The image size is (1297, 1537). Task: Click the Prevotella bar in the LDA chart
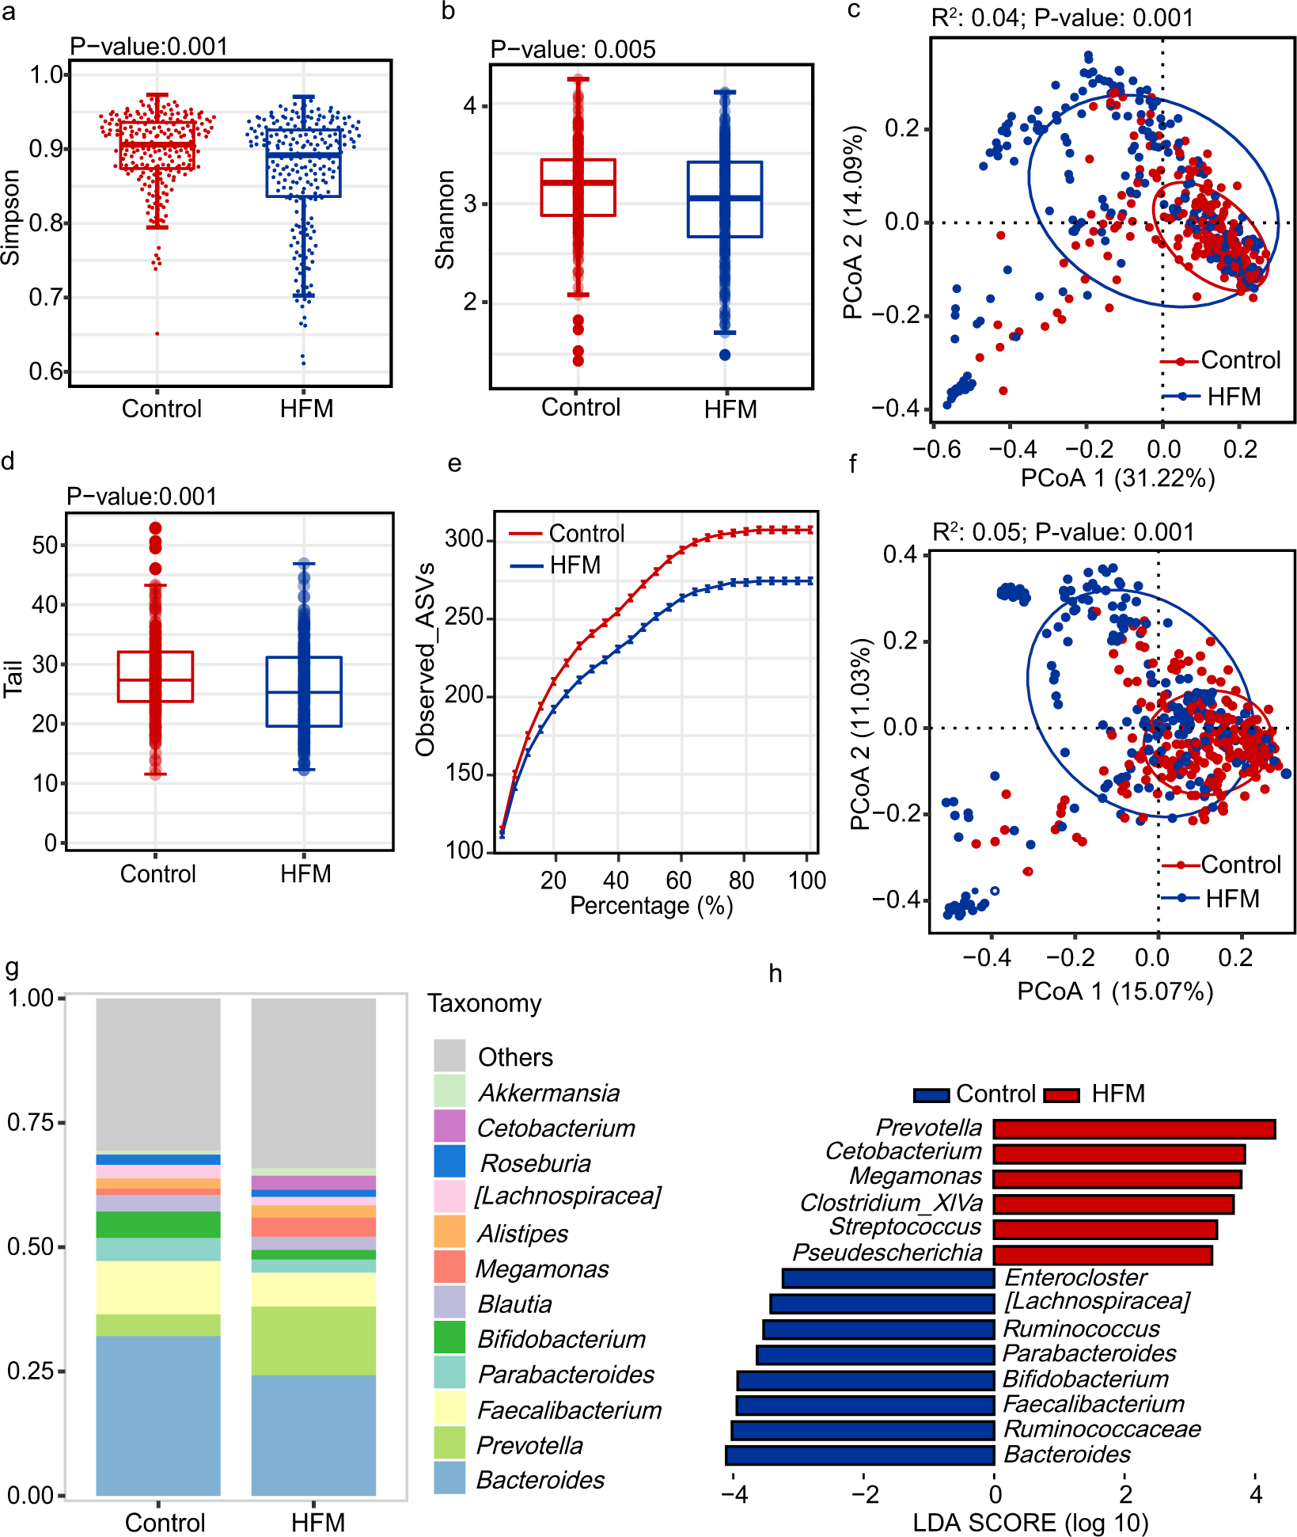tap(1133, 1129)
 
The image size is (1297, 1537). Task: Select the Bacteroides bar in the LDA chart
tap(859, 1455)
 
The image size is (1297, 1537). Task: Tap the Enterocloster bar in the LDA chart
tap(888, 1278)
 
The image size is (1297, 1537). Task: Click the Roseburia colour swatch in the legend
tap(449, 1162)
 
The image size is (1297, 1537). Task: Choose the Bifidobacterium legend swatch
tap(449, 1337)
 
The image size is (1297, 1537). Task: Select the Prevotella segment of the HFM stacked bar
tap(313, 1341)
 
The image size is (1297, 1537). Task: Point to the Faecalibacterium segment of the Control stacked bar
tap(158, 1288)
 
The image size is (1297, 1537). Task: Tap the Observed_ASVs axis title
tap(426, 660)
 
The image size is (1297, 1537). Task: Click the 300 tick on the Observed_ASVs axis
tap(464, 539)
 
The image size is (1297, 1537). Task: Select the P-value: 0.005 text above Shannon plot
tap(573, 49)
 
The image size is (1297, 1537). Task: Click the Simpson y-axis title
tap(11, 219)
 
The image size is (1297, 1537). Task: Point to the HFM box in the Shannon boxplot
tap(725, 199)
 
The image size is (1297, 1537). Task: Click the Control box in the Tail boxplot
tap(155, 676)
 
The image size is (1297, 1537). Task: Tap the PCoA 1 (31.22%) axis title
tap(1117, 478)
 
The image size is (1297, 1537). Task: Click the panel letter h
tap(776, 974)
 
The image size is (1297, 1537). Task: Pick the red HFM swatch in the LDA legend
tap(1061, 1095)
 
